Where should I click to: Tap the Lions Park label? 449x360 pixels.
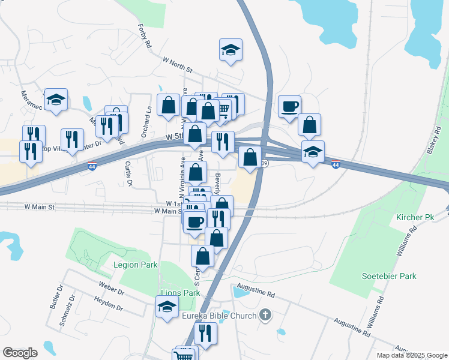[x=179, y=293]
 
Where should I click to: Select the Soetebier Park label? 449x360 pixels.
[x=389, y=276]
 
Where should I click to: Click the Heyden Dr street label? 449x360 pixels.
[x=108, y=304]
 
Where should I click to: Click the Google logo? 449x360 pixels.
[x=20, y=353]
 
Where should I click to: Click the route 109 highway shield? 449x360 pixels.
[x=264, y=163]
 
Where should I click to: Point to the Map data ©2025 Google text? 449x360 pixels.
[x=411, y=355]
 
